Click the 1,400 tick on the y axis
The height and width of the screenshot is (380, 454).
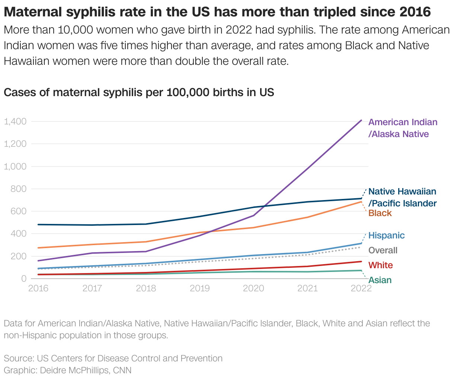pos(15,121)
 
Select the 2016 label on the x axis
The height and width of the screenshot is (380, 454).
pos(38,288)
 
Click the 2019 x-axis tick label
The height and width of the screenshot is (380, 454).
pos(200,288)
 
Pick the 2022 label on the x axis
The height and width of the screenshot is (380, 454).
pos(361,288)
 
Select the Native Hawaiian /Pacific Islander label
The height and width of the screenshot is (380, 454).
pos(402,197)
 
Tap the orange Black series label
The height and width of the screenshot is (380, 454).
pos(380,213)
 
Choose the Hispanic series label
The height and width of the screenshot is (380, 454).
pos(386,235)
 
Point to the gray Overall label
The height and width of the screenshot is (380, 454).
pos(383,250)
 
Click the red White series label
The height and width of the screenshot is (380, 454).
pos(380,265)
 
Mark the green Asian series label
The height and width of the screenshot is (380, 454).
pos(380,280)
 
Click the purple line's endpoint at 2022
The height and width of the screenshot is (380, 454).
pos(361,120)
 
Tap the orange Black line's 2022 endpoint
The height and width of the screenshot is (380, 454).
pos(361,202)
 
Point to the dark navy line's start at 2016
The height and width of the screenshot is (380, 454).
pos(39,225)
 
